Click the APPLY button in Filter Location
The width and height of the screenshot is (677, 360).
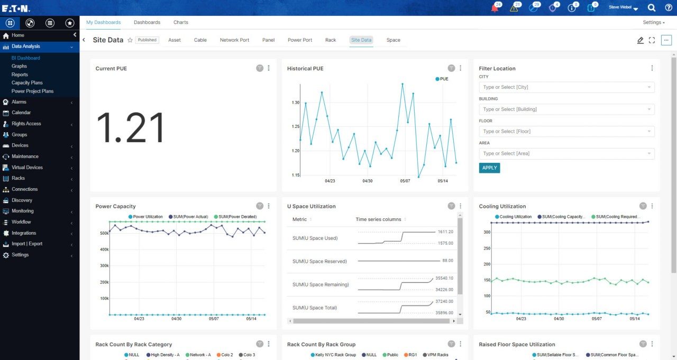[489, 168]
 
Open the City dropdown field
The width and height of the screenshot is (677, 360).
[566, 87]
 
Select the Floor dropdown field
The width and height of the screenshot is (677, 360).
[566, 131]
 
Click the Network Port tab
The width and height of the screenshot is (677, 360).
[234, 40]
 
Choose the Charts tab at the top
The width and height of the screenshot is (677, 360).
[180, 22]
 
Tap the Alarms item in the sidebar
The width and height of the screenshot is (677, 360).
[19, 102]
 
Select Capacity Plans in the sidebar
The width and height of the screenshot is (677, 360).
[27, 83]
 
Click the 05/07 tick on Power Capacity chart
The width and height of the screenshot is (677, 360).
[214, 319]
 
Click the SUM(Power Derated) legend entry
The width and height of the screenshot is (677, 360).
[236, 217]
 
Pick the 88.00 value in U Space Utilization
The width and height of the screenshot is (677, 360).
[447, 261]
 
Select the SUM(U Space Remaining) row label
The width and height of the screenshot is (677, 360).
[321, 284]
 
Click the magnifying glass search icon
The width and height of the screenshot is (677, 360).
[652, 7]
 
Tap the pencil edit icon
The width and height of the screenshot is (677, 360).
[641, 40]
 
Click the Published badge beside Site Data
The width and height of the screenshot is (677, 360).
[147, 40]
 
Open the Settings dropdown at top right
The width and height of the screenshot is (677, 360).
[654, 22]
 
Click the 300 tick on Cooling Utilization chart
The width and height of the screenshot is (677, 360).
[487, 232]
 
